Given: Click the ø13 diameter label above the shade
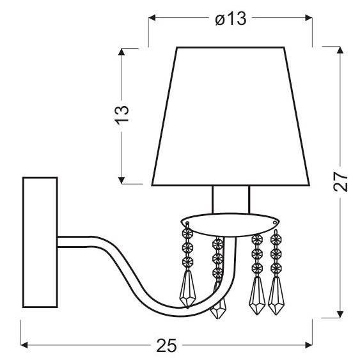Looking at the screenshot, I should pyautogui.click(x=231, y=19).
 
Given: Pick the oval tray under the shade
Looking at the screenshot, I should pyautogui.click(x=230, y=222).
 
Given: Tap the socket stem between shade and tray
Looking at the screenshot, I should pyautogui.click(x=230, y=200).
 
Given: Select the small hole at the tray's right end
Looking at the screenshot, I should pyautogui.click(x=276, y=222).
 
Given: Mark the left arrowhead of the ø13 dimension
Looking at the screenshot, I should pyautogui.click(x=152, y=19).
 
